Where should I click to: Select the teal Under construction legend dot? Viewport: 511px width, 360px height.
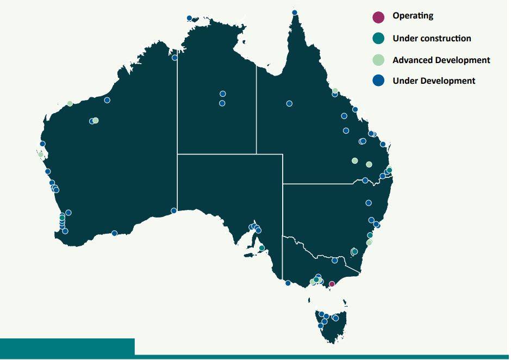pos(379,39)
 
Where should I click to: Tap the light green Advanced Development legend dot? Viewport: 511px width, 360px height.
pos(379,60)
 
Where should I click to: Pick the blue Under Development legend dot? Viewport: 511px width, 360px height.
pos(379,80)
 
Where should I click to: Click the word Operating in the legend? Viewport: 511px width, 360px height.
pos(413,16)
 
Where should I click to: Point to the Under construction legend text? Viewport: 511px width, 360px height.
pos(432,39)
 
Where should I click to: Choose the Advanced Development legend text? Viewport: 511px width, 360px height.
pos(441,60)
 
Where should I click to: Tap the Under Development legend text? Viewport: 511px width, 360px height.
pos(434,81)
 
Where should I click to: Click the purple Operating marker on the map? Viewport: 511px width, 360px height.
pos(332,284)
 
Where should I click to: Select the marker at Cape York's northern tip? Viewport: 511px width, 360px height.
pos(295,13)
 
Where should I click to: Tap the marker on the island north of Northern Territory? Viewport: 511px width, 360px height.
pos(189,18)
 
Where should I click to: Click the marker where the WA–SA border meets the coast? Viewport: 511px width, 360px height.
pos(174,210)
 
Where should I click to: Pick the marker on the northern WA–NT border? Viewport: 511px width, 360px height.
pos(175,58)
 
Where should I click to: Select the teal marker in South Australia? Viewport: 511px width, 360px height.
pos(261,248)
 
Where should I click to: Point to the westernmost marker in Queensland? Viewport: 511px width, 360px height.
pos(289,103)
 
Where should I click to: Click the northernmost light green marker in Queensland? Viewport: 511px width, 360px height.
pos(335,91)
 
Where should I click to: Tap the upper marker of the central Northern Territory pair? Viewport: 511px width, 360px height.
pos(222,94)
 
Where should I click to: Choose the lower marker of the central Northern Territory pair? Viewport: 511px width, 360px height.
pos(222,103)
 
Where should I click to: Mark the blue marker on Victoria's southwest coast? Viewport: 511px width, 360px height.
pos(288,283)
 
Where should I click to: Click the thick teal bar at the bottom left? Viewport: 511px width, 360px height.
pos(67,347)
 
